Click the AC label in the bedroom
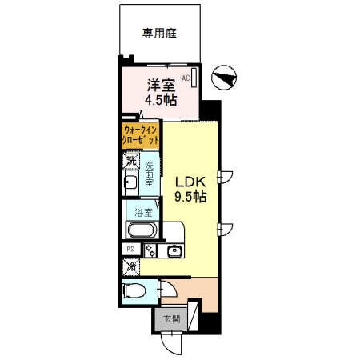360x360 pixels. click(x=186, y=78)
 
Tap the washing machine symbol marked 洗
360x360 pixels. click(x=131, y=161)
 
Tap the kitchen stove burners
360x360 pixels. click(x=150, y=250)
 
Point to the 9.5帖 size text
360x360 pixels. click(x=192, y=196)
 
